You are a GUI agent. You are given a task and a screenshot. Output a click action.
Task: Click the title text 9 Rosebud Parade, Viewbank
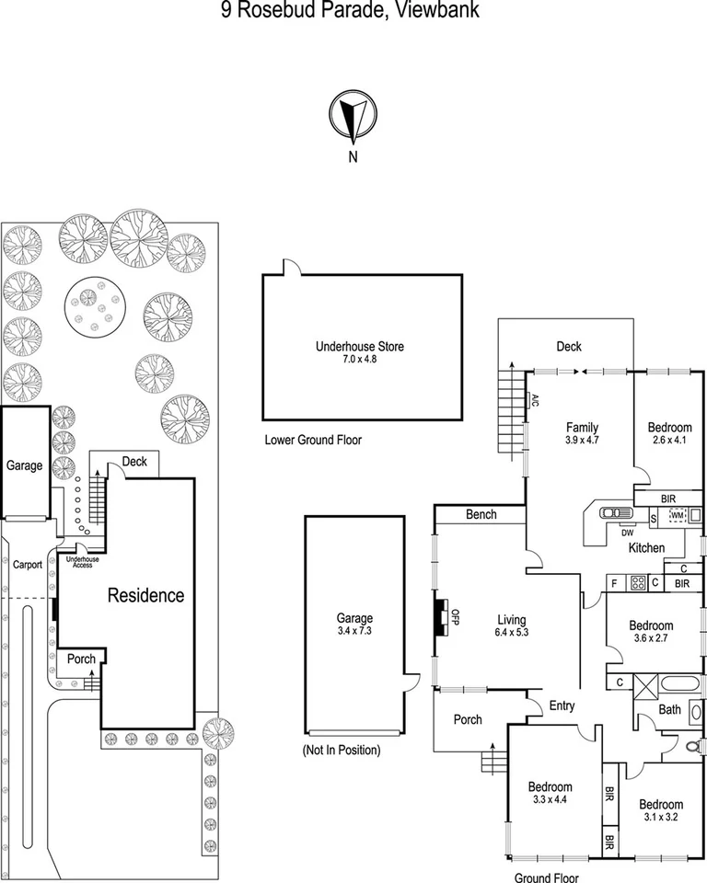[x=353, y=10]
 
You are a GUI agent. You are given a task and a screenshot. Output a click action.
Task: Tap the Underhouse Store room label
[x=360, y=347]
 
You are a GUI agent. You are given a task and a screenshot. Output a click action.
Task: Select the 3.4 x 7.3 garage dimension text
[x=353, y=632]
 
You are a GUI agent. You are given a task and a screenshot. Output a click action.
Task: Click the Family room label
[x=582, y=427]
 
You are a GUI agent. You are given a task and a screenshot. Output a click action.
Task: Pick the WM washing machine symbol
[x=678, y=515]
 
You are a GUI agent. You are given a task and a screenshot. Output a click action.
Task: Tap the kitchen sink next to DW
[x=611, y=515]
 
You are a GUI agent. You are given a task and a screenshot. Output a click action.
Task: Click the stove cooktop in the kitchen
[x=636, y=582]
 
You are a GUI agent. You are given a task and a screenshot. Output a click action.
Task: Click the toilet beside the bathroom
[x=692, y=747]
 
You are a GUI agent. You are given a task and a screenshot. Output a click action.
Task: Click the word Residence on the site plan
[x=146, y=595]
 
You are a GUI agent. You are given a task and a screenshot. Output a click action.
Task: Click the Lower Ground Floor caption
[x=312, y=441]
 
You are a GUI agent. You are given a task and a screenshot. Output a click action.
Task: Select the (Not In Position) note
[x=341, y=751]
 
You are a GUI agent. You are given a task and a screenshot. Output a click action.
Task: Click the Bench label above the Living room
[x=481, y=515]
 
